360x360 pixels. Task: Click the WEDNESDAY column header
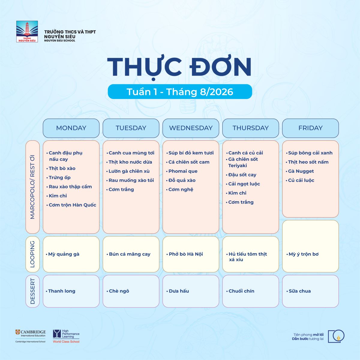[191, 128]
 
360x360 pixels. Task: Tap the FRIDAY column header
[310, 128]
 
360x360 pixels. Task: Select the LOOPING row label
[32, 254]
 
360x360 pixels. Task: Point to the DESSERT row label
[32, 291]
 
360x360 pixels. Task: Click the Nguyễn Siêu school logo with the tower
[27, 31]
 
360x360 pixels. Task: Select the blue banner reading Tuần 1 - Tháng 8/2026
[180, 91]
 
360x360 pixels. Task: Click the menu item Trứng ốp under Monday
[60, 178]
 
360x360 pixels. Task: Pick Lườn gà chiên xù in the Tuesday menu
[129, 171]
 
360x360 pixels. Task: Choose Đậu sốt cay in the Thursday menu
[242, 175]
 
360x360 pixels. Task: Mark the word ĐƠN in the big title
[220, 67]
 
